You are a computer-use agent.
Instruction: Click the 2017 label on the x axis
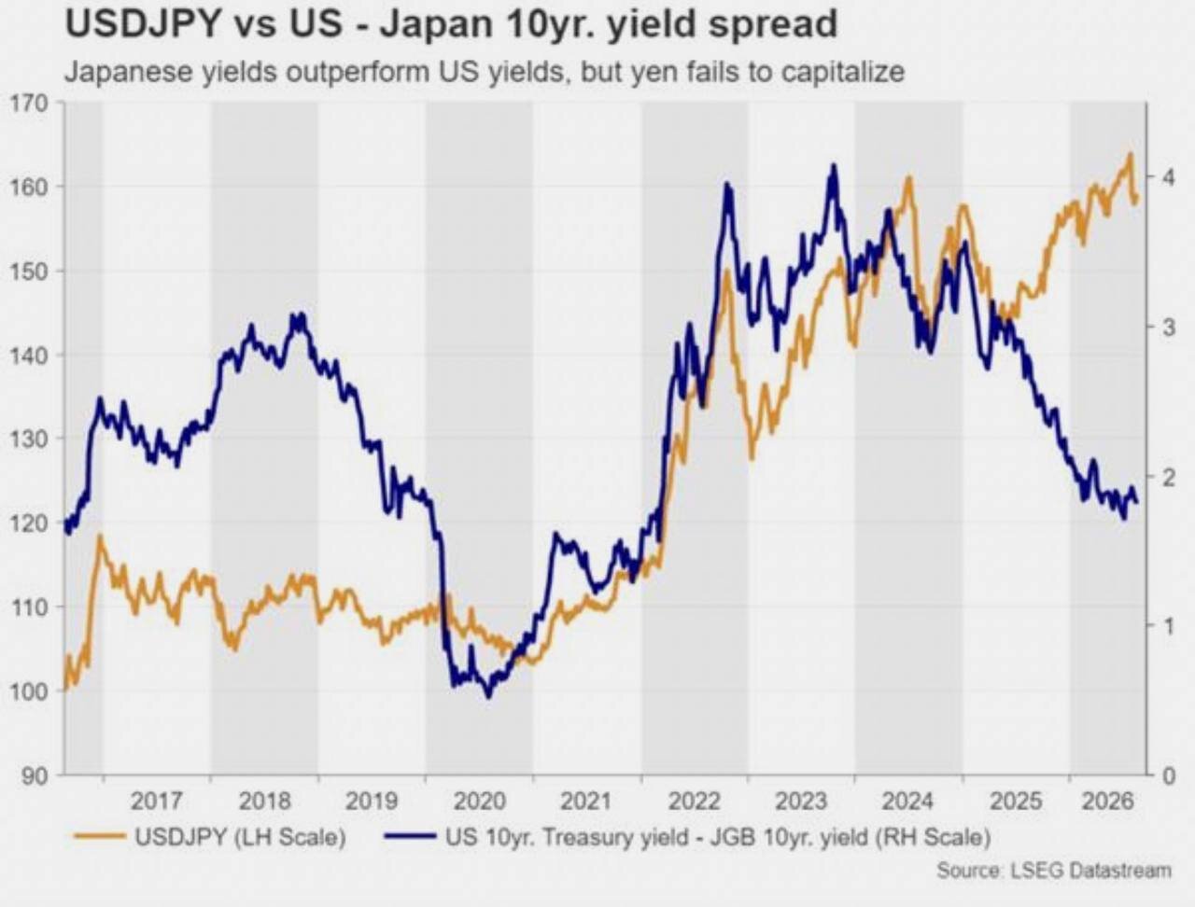(156, 801)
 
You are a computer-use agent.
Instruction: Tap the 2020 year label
(479, 801)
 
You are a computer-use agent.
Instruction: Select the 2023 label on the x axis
(801, 801)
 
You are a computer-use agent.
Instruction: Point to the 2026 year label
(1108, 801)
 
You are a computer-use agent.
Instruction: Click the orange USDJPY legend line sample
(100, 836)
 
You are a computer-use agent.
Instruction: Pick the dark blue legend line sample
(411, 836)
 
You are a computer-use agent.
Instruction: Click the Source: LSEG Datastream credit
(1054, 871)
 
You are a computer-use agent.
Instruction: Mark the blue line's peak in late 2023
(833, 165)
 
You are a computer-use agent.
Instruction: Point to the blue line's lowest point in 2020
(487, 697)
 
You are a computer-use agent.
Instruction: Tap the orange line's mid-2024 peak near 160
(908, 177)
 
